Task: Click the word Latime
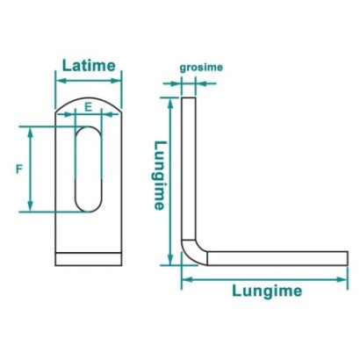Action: [89, 66]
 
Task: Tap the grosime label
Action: [201, 68]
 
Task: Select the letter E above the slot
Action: [89, 107]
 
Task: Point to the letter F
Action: [19, 169]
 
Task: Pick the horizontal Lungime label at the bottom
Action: [267, 291]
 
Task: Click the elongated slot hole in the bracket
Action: [89, 169]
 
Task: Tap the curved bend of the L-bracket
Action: [194, 251]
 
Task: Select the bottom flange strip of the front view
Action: [89, 259]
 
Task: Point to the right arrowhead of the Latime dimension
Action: [116, 81]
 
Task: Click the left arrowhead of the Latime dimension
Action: [61, 81]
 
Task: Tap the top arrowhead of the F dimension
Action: [30, 133]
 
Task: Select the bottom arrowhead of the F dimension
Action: [30, 206]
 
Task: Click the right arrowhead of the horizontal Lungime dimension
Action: [342, 279]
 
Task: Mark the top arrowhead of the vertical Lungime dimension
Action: [170, 103]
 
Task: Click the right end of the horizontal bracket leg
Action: [348, 258]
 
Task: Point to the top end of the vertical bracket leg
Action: [189, 97]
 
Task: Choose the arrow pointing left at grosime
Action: [206, 83]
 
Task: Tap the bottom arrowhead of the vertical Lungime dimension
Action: [170, 260]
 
